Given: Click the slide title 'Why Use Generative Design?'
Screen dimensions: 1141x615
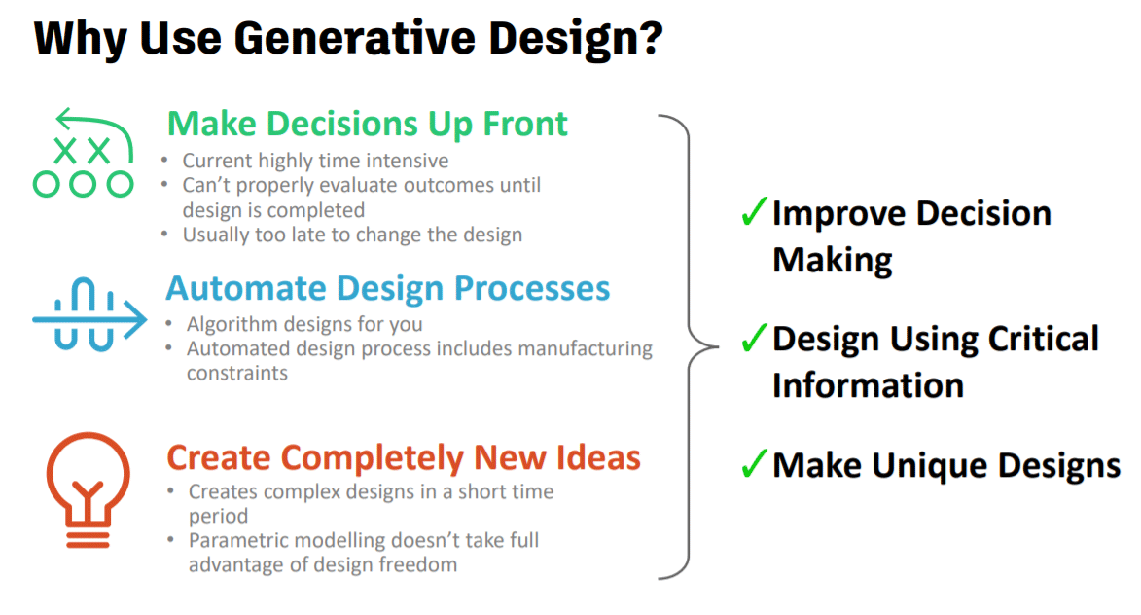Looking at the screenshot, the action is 348,39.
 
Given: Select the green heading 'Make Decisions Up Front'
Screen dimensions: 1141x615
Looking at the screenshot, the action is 367,125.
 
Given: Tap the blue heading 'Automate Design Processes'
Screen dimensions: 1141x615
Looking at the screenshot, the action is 387,288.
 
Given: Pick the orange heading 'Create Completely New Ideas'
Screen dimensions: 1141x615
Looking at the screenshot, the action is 403,457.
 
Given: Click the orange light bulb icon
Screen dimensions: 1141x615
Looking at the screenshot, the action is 89,489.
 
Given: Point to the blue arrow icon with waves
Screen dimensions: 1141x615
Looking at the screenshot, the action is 89,315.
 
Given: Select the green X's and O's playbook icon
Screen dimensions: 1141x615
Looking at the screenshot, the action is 83,153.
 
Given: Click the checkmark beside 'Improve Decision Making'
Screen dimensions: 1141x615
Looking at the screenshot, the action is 754,211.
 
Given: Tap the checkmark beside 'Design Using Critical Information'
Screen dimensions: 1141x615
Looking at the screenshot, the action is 754,337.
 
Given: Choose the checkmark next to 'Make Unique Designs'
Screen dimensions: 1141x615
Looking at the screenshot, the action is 754,463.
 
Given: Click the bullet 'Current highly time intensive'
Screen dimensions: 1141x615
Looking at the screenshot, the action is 315,161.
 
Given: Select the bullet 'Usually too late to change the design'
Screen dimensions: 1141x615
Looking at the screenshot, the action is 352,235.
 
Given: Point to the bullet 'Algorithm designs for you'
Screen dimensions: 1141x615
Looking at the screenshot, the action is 304,324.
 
